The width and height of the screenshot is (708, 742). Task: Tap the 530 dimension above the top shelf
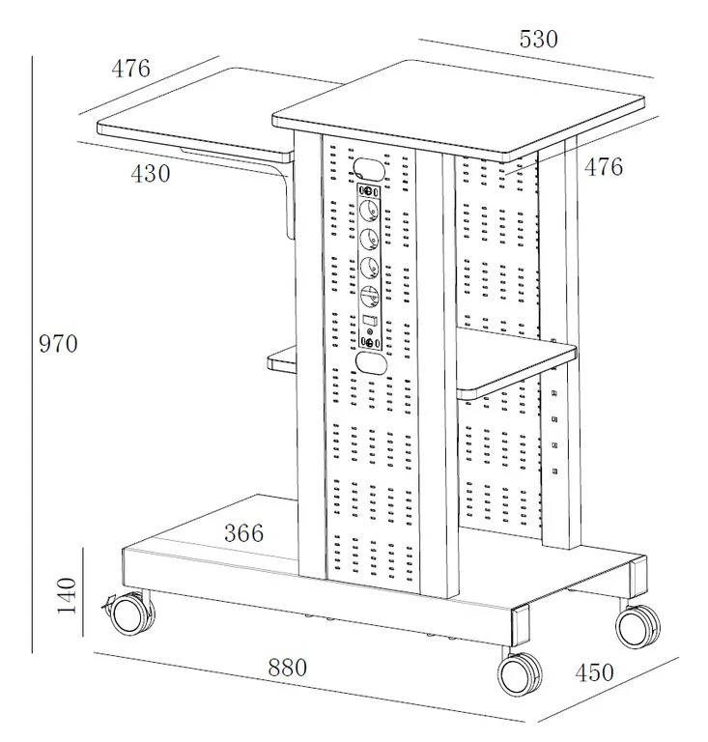[538, 40]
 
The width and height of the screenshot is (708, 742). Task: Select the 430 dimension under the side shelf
[150, 174]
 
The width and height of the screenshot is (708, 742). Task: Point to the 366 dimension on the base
[243, 532]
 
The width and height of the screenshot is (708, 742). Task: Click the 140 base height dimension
[66, 596]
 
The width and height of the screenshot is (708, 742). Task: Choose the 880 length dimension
[287, 667]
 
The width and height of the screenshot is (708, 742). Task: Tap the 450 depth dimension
[593, 672]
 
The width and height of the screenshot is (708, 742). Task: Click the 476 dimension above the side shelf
[130, 69]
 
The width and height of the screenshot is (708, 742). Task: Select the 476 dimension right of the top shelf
[604, 167]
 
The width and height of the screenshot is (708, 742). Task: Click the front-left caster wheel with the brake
[130, 613]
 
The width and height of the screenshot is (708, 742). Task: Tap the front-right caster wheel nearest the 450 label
[520, 671]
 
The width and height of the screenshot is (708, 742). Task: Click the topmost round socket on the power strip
[368, 208]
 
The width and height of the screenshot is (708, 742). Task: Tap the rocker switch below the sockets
[368, 320]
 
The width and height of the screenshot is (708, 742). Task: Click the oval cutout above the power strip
[368, 166]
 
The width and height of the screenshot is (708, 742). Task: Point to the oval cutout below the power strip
[369, 362]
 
